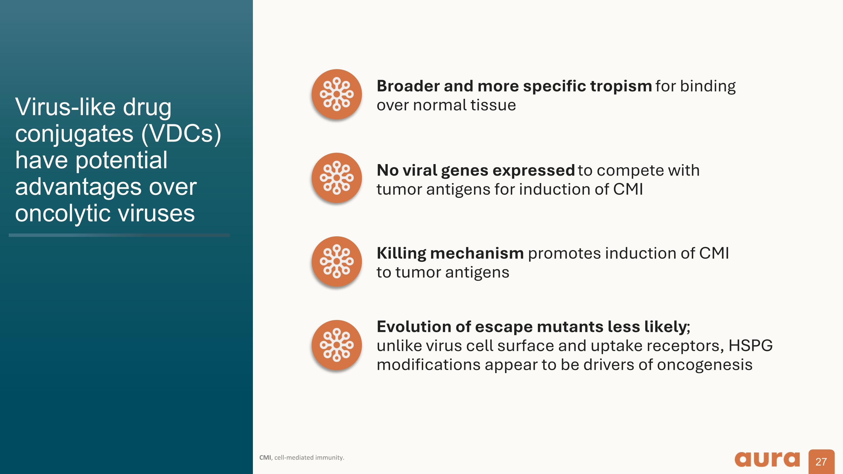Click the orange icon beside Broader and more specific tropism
point(336,94)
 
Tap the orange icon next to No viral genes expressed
point(336,178)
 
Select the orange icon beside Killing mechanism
point(336,261)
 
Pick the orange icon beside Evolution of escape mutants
point(336,345)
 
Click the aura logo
point(767,459)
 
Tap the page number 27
point(821,462)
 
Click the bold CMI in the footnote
point(265,458)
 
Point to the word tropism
point(621,86)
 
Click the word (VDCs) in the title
point(181,134)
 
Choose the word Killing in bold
point(401,253)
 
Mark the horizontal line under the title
point(119,235)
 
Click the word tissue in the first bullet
point(493,105)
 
